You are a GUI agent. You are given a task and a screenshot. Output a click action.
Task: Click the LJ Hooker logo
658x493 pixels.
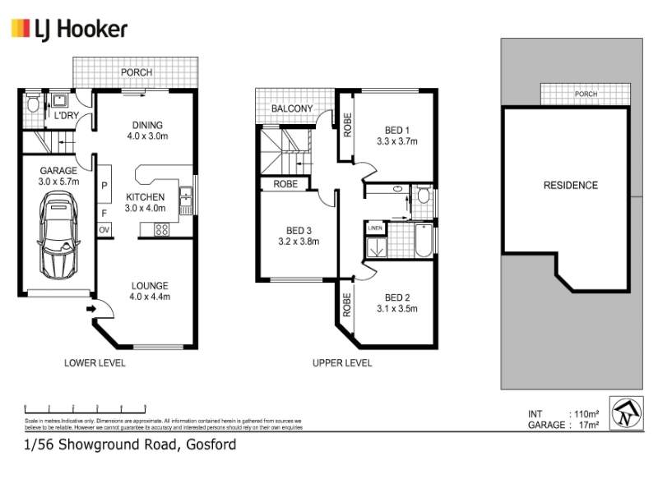point(69,30)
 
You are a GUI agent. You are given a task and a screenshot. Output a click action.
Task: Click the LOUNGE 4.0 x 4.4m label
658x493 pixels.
point(150,292)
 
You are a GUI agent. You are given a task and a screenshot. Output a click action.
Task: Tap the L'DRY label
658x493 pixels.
point(66,116)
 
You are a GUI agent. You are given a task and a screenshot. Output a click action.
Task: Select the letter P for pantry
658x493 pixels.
point(104,187)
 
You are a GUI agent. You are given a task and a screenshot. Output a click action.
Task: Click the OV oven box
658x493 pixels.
point(104,230)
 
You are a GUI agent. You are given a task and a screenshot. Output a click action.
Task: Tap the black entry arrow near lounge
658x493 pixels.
point(91,309)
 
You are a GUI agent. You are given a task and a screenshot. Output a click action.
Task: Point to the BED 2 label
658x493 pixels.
point(397,303)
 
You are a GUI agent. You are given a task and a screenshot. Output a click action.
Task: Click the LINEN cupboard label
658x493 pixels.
point(375,228)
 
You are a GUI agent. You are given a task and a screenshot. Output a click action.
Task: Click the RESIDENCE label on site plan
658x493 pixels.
point(570,185)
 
